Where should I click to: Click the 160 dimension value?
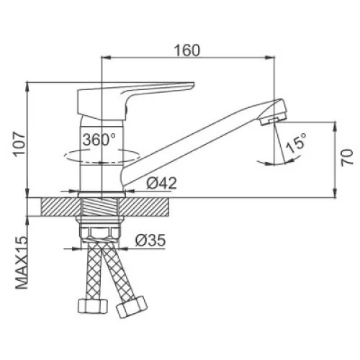pos(187,50)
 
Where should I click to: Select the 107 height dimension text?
pos(19,144)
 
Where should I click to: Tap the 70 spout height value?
pos(348,157)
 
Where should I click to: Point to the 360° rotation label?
pos(99,140)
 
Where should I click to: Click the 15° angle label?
pos(297,143)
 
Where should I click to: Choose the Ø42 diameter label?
pos(161,183)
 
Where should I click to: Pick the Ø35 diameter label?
pos(150,240)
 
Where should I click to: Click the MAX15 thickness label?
pos(22,263)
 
